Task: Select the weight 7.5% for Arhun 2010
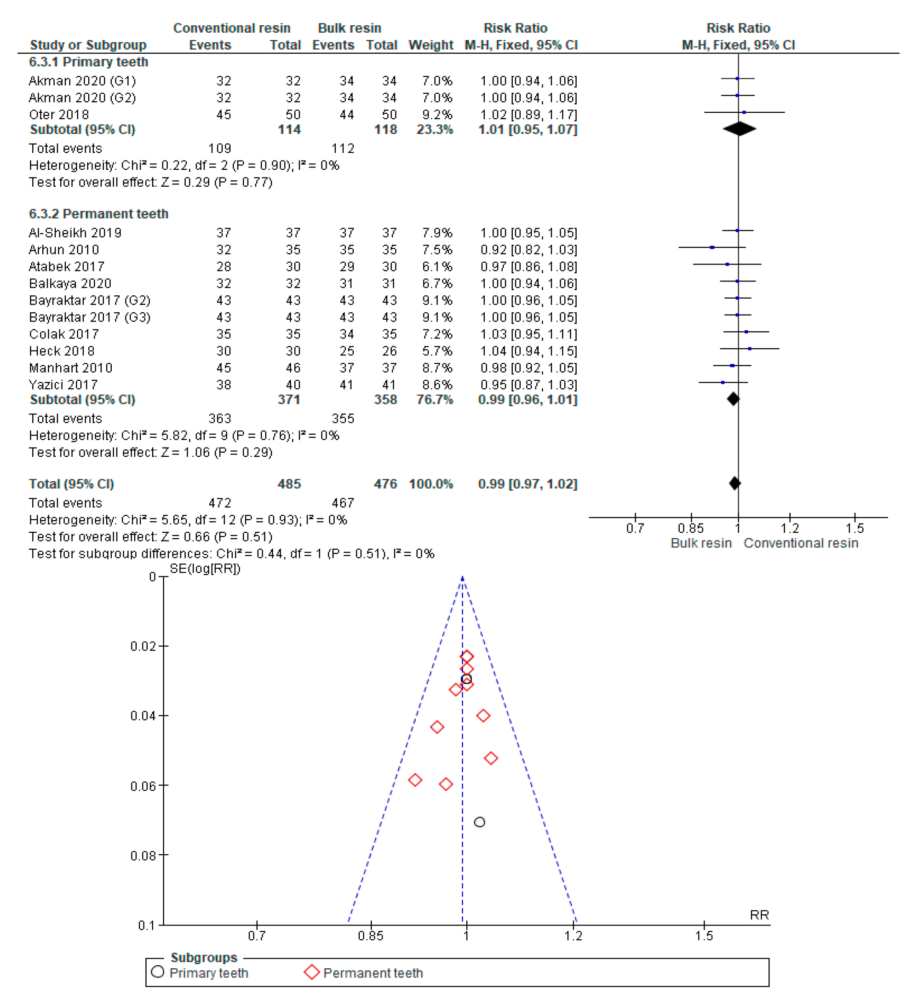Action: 437,249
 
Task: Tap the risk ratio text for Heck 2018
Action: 528,351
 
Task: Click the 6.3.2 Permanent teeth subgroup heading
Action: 98,213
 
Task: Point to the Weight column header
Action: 430,45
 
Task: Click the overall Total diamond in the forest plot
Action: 734,483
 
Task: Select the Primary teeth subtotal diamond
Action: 740,129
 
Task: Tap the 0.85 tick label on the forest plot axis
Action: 690,528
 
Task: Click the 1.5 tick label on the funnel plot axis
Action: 704,935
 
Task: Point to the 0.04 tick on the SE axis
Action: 143,716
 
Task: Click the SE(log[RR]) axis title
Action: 205,568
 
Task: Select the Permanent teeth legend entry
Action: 372,972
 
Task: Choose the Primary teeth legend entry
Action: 208,972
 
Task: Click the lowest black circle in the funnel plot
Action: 479,822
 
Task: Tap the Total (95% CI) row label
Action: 71,483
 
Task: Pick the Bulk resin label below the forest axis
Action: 700,543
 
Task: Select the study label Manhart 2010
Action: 70,368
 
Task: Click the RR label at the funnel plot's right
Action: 759,914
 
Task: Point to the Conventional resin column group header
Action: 231,28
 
